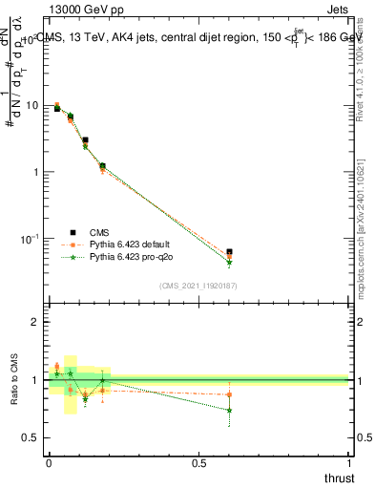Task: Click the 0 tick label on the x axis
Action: click(49, 464)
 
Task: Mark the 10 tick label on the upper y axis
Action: click(34, 105)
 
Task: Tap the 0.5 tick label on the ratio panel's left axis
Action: click(34, 437)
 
